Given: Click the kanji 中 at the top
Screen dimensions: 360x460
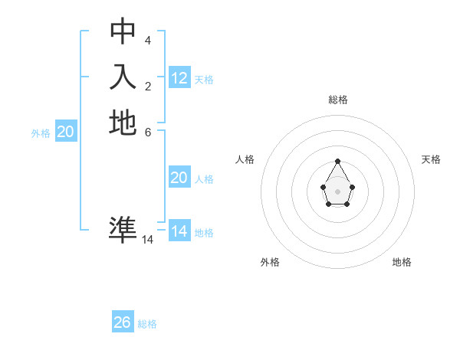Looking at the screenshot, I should (123, 31).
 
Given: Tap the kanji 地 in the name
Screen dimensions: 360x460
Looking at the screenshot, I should (123, 123).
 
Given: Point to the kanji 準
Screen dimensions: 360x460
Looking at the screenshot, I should (123, 229).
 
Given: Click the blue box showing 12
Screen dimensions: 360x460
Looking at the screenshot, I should (179, 78).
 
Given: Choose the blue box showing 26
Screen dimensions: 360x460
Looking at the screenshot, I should (123, 322).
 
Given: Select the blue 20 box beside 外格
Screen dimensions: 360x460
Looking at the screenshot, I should (66, 133).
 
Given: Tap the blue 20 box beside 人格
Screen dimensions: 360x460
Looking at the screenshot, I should (179, 178).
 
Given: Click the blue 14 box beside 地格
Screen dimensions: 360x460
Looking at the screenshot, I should (179, 231).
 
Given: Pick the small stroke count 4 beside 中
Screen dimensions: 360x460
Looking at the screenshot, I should (148, 40).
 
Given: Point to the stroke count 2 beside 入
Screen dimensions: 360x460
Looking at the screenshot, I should (148, 86).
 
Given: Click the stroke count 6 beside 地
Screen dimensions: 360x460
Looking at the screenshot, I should (148, 131).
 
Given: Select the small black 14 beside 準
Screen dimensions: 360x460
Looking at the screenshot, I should (148, 240).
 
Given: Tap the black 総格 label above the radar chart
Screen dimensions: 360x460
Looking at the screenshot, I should (338, 100).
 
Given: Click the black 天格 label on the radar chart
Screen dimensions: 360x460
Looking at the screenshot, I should (431, 159).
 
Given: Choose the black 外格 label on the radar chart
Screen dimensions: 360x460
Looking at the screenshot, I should (270, 262).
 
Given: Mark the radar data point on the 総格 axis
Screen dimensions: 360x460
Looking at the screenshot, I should (338, 161).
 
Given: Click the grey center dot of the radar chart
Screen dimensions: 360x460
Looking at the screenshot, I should (337, 191).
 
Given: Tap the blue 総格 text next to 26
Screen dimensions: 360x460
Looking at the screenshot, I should (147, 324).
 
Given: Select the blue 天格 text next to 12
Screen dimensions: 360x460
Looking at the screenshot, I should (204, 80).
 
